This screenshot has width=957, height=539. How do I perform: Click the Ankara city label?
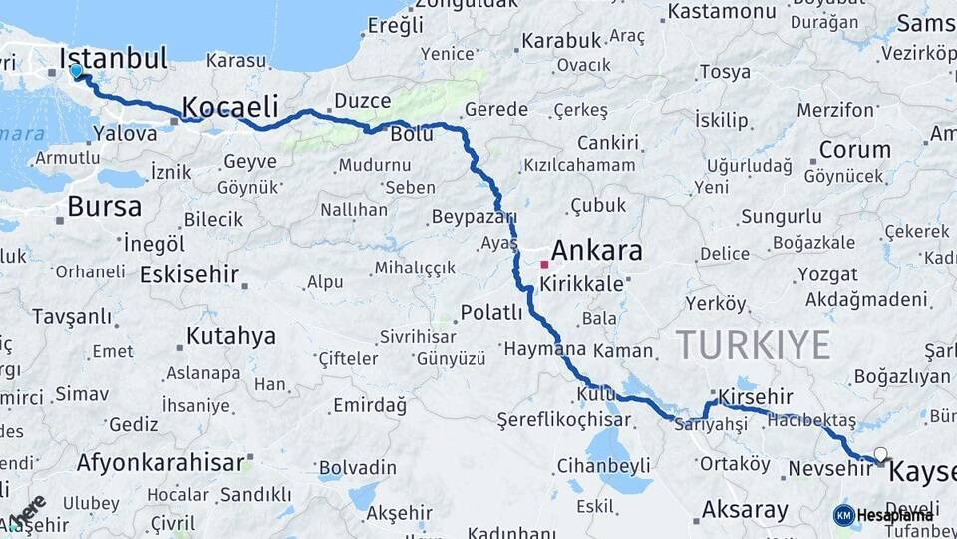596,251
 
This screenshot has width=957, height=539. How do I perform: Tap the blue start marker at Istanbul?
76,71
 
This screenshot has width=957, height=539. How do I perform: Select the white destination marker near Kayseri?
880,455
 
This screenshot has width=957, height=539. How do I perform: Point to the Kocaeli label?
229,106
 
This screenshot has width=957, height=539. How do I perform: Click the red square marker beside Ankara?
544,265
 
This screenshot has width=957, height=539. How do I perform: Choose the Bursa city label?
104,207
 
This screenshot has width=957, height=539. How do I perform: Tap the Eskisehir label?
189,273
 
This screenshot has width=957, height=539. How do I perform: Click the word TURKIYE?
754,345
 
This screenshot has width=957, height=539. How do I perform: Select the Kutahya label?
230,335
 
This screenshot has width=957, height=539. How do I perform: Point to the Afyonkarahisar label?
159,463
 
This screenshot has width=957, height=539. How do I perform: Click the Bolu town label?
412,134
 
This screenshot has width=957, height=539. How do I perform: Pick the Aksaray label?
745,510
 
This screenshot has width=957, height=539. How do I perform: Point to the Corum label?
854,150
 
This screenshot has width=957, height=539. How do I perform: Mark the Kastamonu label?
722,12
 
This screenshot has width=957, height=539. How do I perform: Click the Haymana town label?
545,350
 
